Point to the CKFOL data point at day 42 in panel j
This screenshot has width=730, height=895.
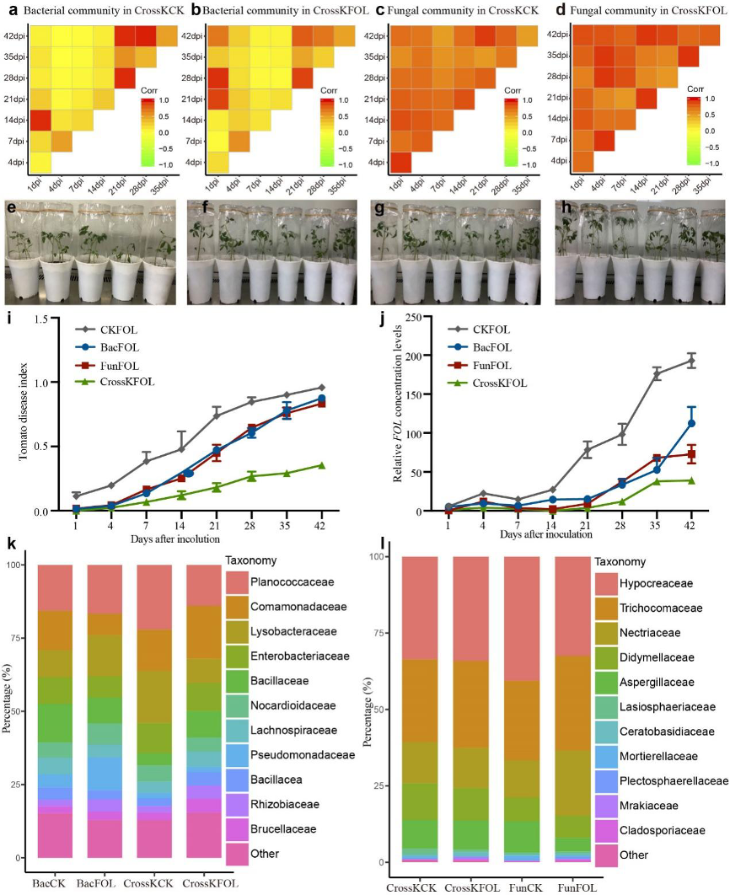click(691, 361)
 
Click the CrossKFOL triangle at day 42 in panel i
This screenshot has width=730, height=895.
click(321, 465)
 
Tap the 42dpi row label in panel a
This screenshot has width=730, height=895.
click(13, 38)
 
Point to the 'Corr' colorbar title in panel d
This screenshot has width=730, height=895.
click(695, 88)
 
